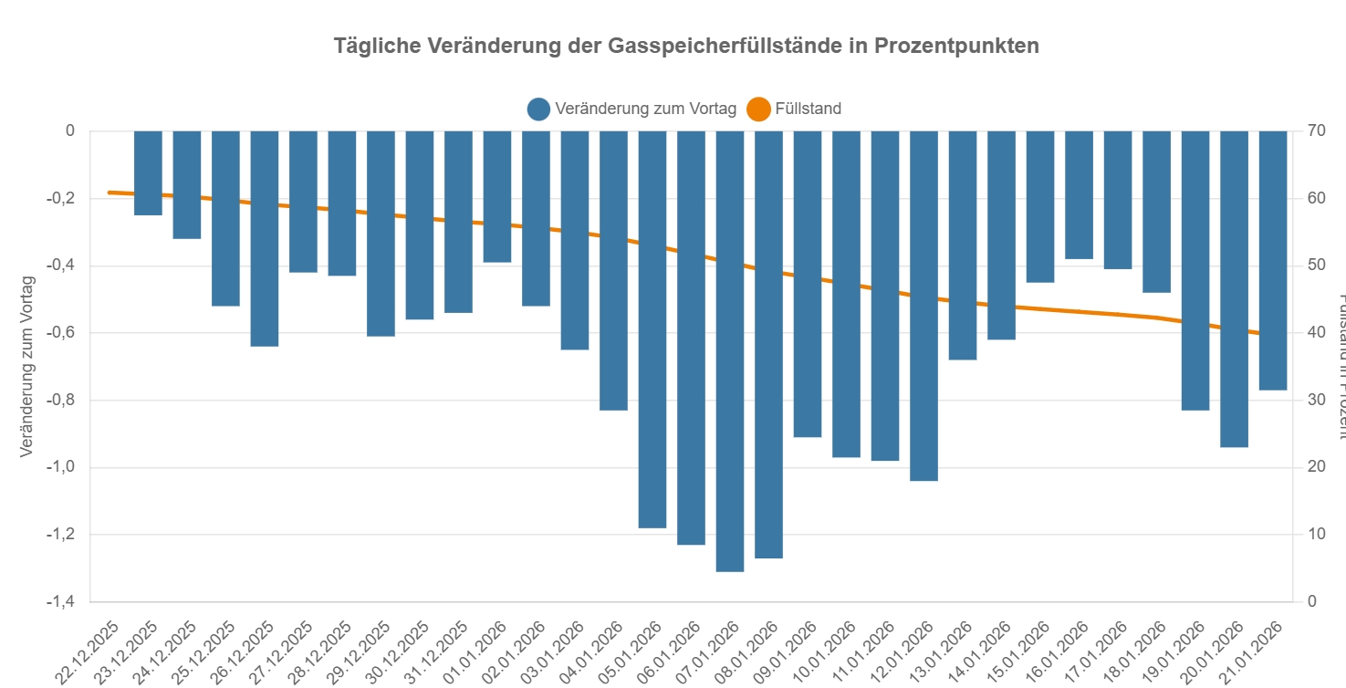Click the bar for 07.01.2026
pyautogui.click(x=730, y=351)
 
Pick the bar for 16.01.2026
pyautogui.click(x=1079, y=194)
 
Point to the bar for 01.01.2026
pyautogui.click(x=497, y=196)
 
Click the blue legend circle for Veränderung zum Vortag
pyautogui.click(x=538, y=109)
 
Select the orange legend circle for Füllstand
pyautogui.click(x=758, y=109)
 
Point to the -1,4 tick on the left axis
pyautogui.click(x=57, y=602)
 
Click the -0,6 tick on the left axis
pyautogui.click(x=57, y=333)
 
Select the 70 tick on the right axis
pyautogui.click(x=1316, y=130)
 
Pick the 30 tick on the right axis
pyautogui.click(x=1316, y=400)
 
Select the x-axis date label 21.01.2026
pyautogui.click(x=1255, y=650)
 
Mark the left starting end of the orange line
pyautogui.click(x=110, y=193)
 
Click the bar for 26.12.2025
pyautogui.click(x=265, y=238)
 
